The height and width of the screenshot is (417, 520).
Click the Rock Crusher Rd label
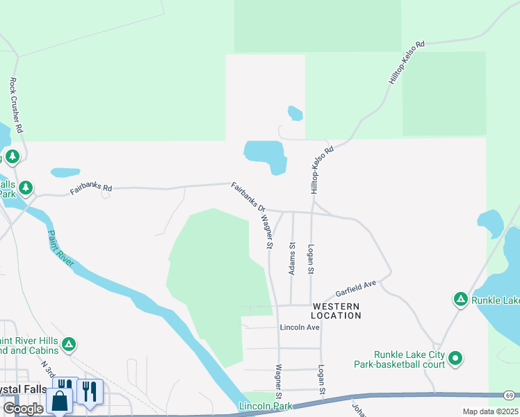pyautogui.click(x=17, y=105)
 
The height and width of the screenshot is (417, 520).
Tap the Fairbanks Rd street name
pyautogui.click(x=91, y=188)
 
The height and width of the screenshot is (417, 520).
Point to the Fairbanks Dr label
pyautogui.click(x=248, y=197)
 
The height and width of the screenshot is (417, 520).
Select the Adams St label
pyautogui.click(x=293, y=259)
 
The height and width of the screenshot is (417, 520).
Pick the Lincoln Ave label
pyautogui.click(x=300, y=327)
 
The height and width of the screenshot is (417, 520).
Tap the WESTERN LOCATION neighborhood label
pyautogui.click(x=336, y=311)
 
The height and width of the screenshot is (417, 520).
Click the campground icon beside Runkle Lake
pyautogui.click(x=460, y=300)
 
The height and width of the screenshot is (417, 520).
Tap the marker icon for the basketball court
pyautogui.click(x=455, y=359)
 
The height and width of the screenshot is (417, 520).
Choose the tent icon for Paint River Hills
pyautogui.click(x=68, y=344)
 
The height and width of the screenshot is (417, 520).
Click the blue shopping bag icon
pyautogui.click(x=60, y=401)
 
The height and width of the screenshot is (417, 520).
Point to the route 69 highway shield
pyautogui.click(x=510, y=395)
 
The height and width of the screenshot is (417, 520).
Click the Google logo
pyautogui.click(x=23, y=409)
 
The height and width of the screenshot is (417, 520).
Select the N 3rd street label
pyautogui.click(x=47, y=365)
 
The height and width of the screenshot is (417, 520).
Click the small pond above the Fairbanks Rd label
pyautogui.click(x=65, y=172)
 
